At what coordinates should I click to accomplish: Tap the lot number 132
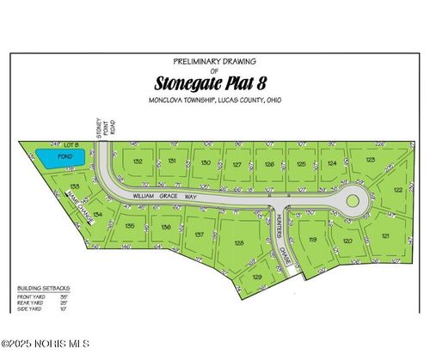coord(137,161)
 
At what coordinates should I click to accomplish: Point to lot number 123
coord(370,160)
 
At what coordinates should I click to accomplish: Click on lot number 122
coord(398,190)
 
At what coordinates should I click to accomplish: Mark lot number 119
coord(313,240)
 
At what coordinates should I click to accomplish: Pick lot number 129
coord(257,277)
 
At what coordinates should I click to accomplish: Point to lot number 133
coord(75,186)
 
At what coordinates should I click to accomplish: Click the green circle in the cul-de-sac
coord(352,202)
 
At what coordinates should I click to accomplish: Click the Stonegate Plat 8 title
coord(215,84)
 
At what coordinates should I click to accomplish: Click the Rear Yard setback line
coord(43,302)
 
